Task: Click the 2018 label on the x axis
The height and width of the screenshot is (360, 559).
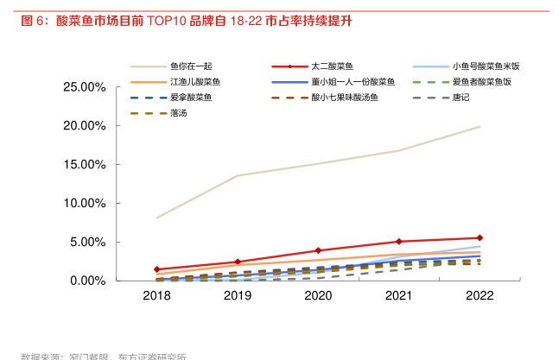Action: tap(156, 296)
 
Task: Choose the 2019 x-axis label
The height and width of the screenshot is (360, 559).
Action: tap(237, 296)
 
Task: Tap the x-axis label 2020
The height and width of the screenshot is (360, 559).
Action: tap(318, 296)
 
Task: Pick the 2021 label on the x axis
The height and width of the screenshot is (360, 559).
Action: tap(398, 296)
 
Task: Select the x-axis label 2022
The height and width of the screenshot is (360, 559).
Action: tap(480, 296)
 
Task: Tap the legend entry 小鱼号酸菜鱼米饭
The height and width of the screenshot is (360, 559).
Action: tap(486, 66)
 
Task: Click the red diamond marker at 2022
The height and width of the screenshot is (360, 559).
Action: tap(480, 237)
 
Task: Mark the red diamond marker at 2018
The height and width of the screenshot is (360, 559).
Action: tap(156, 269)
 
